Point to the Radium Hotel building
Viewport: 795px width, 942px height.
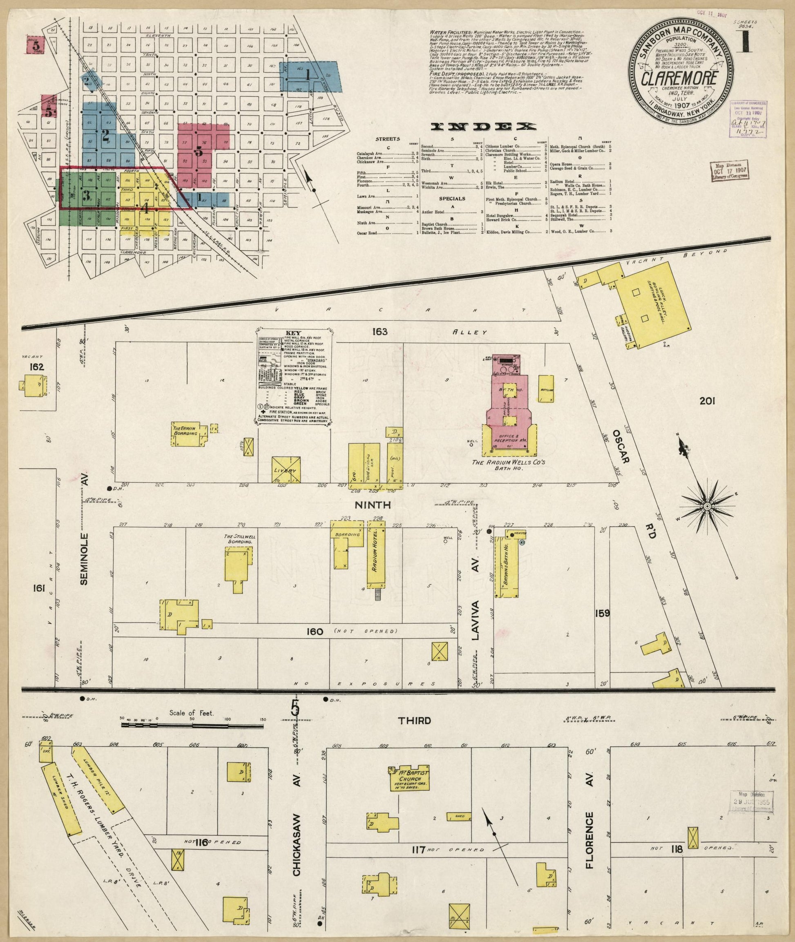coord(377,555)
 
